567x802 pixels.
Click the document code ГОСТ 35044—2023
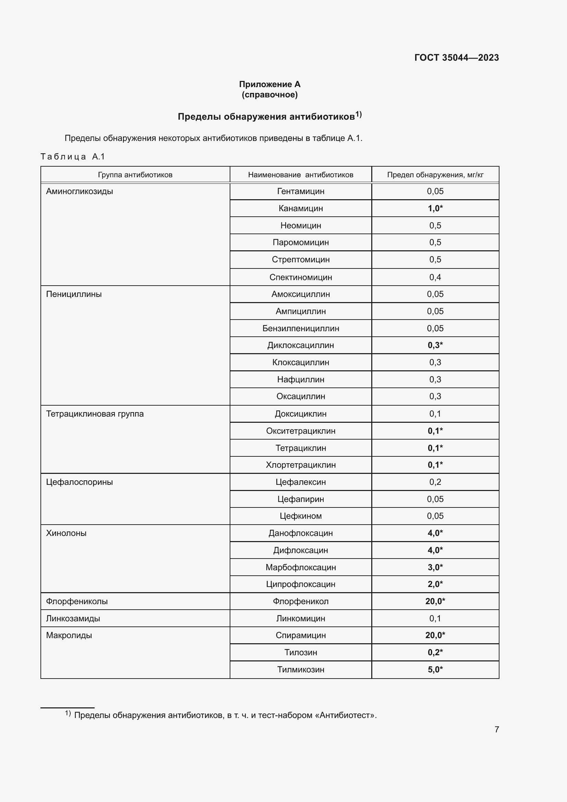[x=456, y=58]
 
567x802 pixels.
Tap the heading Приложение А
[x=269, y=84]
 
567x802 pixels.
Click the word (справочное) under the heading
[x=269, y=95]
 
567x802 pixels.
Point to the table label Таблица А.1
[x=73, y=156]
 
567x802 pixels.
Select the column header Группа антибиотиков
[x=135, y=175]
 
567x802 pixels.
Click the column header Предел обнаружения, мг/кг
[x=435, y=175]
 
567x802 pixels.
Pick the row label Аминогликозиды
[x=80, y=191]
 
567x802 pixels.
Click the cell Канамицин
[x=301, y=208]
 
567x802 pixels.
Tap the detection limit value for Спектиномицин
[x=435, y=277]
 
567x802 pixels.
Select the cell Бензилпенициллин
[x=301, y=328]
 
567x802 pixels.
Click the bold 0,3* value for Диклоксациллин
[x=435, y=345]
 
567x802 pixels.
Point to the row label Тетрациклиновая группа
[x=95, y=414]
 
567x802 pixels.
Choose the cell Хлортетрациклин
[x=301, y=465]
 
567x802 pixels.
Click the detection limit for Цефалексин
[x=435, y=482]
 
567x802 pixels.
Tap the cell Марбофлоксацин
[x=301, y=567]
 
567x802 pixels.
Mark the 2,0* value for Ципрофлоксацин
[x=435, y=584]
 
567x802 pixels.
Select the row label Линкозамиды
[x=73, y=619]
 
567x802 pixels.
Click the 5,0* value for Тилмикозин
[x=435, y=670]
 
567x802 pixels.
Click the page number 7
[x=496, y=730]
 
